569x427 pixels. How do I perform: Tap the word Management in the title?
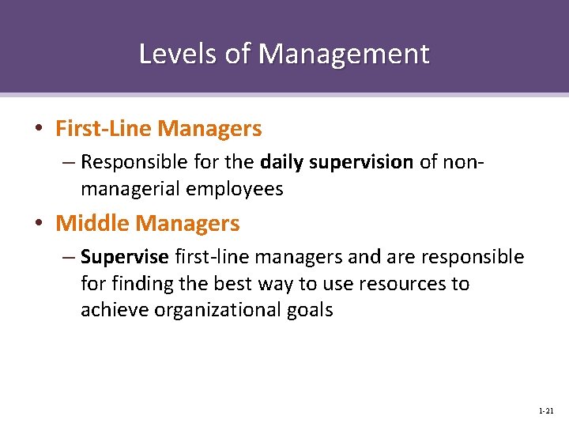344,54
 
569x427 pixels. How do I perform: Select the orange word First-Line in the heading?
104,128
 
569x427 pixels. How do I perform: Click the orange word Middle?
92,224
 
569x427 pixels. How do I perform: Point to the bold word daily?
281,163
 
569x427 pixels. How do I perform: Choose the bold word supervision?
361,163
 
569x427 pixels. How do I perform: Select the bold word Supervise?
125,258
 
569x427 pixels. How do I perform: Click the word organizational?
217,310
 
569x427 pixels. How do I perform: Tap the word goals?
311,310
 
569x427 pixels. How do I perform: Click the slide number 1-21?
545,411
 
